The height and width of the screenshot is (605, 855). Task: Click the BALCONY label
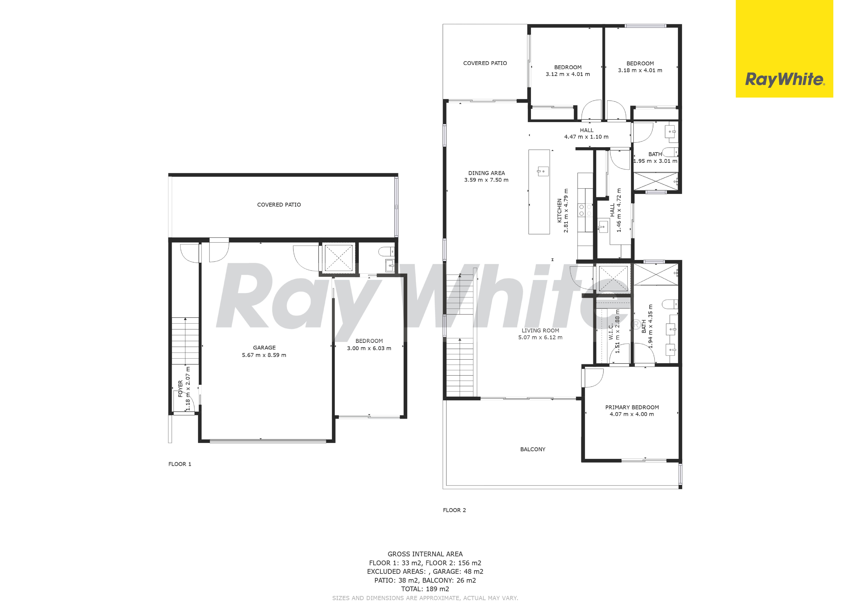[533, 449]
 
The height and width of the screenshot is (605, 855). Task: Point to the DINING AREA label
[486, 173]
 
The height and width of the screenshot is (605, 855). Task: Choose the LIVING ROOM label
[540, 330]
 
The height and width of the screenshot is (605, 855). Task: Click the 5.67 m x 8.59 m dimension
[264, 355]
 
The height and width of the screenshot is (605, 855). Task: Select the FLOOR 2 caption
[454, 510]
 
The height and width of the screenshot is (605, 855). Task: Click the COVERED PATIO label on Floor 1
[279, 205]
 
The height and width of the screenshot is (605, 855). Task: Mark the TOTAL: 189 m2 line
[425, 589]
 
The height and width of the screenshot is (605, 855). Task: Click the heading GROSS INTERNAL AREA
[425, 554]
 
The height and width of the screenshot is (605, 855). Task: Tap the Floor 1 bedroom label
[369, 341]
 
